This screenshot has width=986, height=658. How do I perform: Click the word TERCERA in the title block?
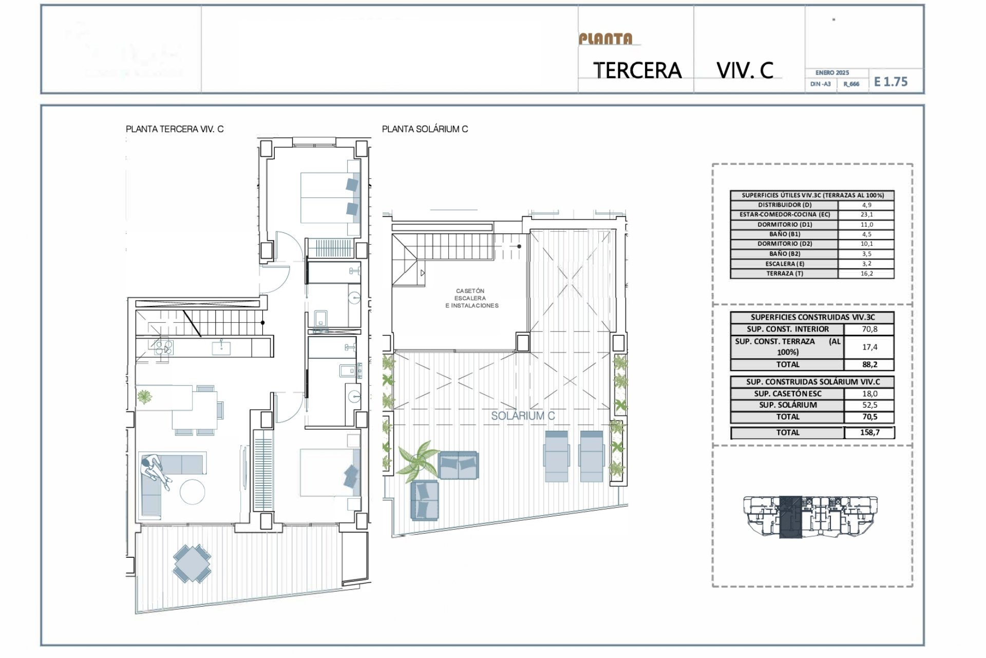click(x=637, y=70)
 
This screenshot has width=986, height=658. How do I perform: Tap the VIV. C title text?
click(x=745, y=70)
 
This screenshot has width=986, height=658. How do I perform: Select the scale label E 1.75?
click(x=890, y=82)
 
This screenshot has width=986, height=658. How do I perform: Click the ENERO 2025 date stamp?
click(x=832, y=73)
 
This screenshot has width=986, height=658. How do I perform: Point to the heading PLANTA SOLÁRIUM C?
click(x=425, y=129)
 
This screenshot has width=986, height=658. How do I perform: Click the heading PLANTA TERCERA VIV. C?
click(x=175, y=129)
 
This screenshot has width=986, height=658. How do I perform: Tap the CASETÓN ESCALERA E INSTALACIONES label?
click(x=471, y=298)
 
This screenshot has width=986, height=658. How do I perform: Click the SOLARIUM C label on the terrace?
click(x=523, y=416)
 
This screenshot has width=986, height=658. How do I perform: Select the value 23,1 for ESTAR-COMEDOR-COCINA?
click(x=866, y=214)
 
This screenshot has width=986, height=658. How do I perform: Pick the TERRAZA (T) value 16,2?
click(x=866, y=273)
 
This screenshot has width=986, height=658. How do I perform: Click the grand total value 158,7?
click(x=869, y=432)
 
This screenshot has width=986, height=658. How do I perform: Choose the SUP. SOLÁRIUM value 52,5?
click(x=869, y=405)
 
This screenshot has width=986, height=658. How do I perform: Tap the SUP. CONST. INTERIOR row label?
click(x=787, y=329)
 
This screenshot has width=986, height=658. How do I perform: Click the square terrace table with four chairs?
click(x=192, y=563)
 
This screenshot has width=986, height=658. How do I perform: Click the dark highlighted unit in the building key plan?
click(x=790, y=517)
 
